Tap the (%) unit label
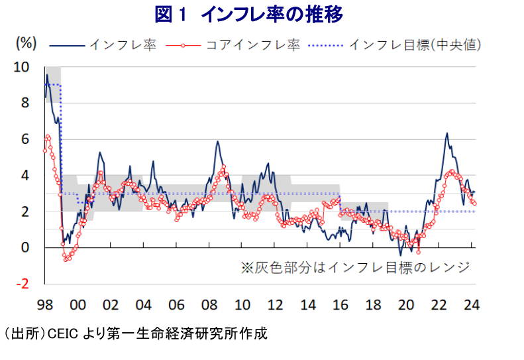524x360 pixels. (25, 44)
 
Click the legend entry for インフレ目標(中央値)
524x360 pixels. (415, 45)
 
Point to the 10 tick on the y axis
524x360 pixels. (22, 67)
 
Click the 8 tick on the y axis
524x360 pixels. (25, 103)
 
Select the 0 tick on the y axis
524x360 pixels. (25, 248)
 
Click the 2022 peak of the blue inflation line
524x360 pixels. (447, 133)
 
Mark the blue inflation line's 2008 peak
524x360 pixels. (217, 141)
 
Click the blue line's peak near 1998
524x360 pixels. (47, 75)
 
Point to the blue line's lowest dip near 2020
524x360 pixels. (400, 255)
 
